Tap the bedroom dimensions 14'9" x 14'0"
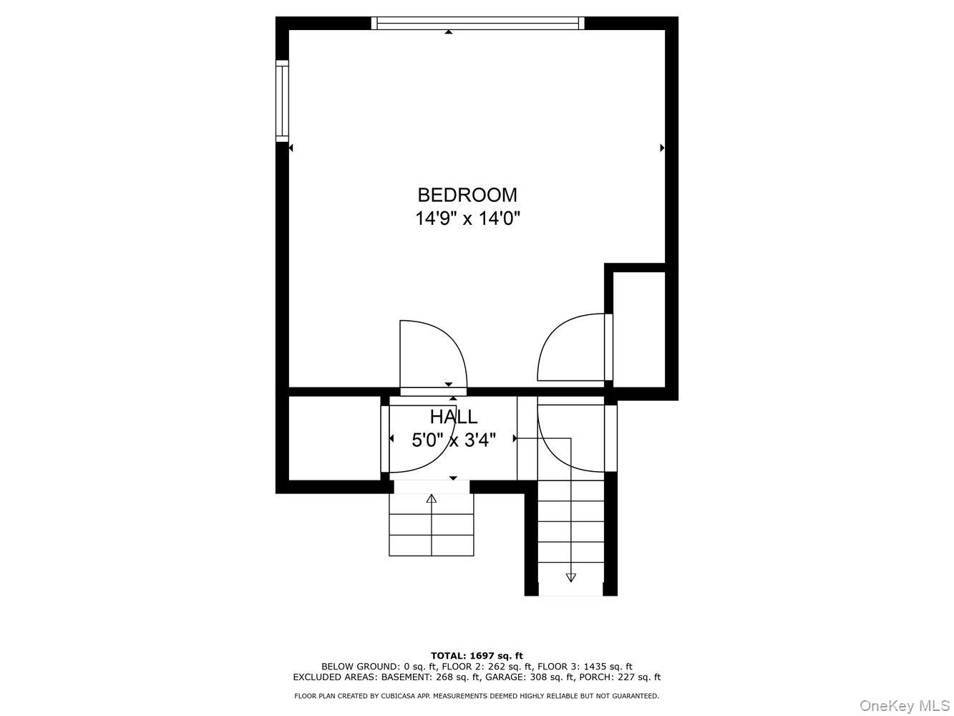pos(467,218)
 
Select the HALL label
pos(453,417)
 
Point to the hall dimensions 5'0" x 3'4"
pos(453,440)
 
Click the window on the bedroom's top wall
pos(477,24)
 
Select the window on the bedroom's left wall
pos(282,101)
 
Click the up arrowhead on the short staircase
pos(432,498)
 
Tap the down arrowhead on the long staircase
pos(570,576)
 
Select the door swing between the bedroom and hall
pos(432,354)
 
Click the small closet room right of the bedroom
pos(640,326)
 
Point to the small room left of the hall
pos(334,437)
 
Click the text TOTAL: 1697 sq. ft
pos(477,655)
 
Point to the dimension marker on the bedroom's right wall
pos(662,148)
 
